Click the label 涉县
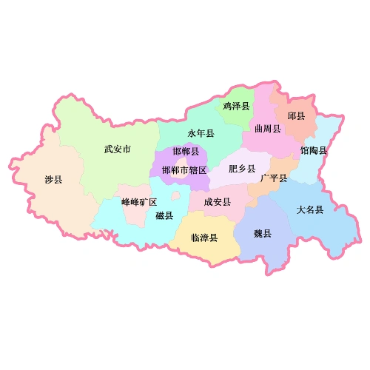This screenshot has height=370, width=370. (x=53, y=180)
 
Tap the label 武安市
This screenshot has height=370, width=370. (x=117, y=149)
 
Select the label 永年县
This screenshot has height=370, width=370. (x=201, y=134)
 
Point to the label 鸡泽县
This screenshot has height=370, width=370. (x=236, y=107)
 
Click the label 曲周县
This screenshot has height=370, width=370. (x=267, y=129)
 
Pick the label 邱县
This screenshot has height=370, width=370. (x=296, y=116)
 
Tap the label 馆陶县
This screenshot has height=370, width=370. (x=314, y=150)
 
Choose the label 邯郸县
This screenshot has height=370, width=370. (x=186, y=152)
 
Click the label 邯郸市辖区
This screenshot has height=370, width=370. (x=184, y=169)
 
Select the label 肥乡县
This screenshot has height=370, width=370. (x=242, y=168)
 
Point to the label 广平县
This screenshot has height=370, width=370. (x=274, y=178)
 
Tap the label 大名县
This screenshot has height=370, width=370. (x=310, y=209)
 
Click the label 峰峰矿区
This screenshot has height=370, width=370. (x=139, y=202)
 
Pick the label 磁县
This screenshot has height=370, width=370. (x=164, y=215)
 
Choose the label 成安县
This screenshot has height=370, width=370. (x=217, y=201)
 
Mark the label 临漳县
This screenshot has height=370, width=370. (x=204, y=238)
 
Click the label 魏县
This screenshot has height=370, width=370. (x=263, y=234)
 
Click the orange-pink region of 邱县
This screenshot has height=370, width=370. (x=296, y=129)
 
